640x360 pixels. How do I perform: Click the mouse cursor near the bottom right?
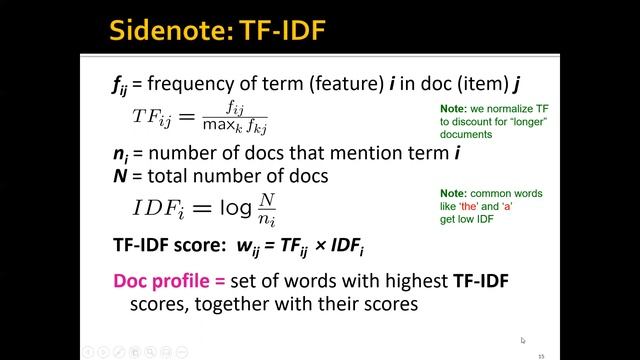tap(522, 340)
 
